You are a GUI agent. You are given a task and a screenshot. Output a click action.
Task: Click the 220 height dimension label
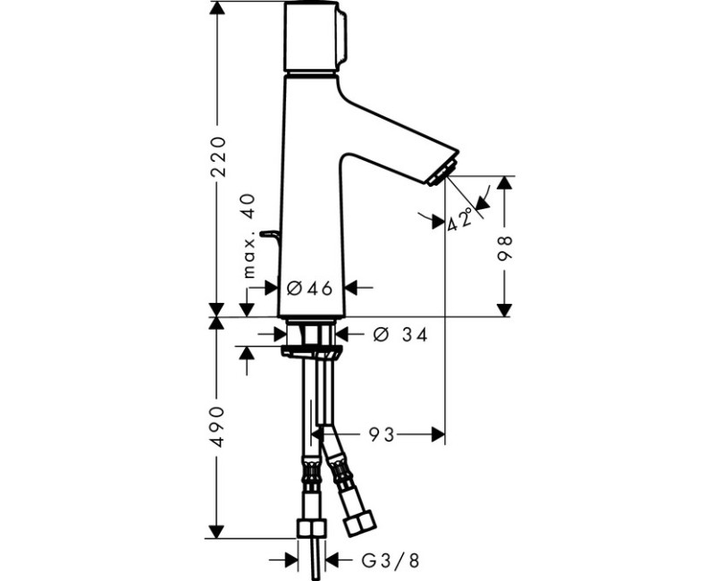217,157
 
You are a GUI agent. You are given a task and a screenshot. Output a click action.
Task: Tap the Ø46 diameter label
310,287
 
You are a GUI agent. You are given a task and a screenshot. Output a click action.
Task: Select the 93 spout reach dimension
383,434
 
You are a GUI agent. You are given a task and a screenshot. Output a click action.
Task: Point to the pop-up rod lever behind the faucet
268,234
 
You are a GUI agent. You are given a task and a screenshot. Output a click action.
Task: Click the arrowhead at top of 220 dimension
217,9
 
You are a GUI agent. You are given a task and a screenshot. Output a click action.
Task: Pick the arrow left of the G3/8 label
291,560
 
